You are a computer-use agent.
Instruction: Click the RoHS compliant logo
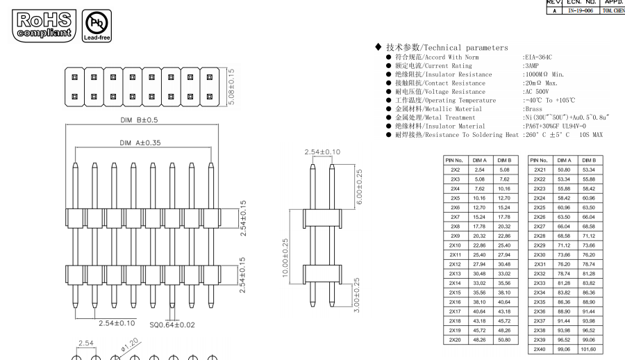[44, 26]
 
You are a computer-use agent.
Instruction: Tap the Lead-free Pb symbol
[97, 26]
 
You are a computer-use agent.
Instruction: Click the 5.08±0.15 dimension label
[231, 87]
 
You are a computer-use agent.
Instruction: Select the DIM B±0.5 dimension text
[139, 120]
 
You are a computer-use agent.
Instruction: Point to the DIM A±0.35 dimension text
[140, 142]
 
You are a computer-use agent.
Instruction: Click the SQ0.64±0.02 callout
[172, 325]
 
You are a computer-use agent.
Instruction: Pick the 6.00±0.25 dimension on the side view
[359, 186]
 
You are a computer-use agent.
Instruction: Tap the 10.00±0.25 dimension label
[285, 258]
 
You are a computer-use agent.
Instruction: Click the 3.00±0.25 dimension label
[357, 295]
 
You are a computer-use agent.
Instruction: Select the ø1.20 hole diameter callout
[130, 345]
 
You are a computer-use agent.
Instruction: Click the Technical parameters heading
[447, 47]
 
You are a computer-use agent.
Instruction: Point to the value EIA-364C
[538, 57]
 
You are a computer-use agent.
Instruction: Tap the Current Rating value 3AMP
[532, 66]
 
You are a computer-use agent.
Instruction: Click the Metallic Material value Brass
[533, 109]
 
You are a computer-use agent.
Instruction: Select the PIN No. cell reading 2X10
[455, 245]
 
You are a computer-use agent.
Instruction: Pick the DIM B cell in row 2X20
[504, 340]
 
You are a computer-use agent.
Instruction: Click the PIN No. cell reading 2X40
[540, 349]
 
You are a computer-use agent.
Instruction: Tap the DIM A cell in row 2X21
[564, 170]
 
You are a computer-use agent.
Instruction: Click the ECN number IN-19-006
[580, 11]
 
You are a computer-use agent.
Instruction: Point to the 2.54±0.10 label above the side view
[322, 152]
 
